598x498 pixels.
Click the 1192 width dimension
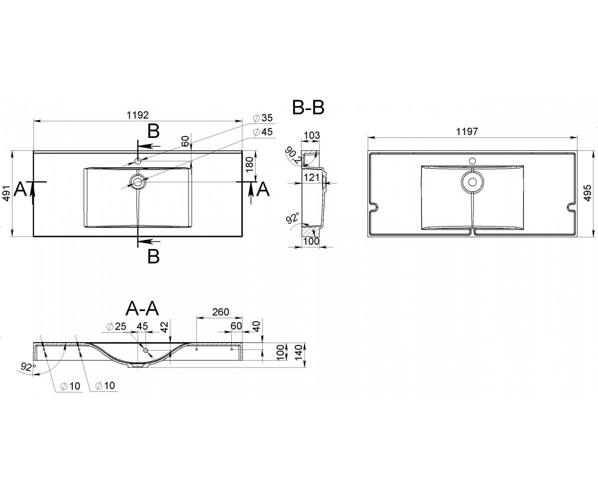click(138, 115)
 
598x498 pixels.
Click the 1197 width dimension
click(467, 131)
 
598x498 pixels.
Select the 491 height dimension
click(7, 194)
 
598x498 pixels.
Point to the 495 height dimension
click(588, 193)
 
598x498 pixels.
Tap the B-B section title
click(308, 108)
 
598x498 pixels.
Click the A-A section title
click(142, 309)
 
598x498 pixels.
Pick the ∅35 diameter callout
click(263, 118)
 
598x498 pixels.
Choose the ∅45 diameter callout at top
click(263, 132)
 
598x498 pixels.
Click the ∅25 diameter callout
click(116, 326)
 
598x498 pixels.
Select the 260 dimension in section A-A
click(221, 312)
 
